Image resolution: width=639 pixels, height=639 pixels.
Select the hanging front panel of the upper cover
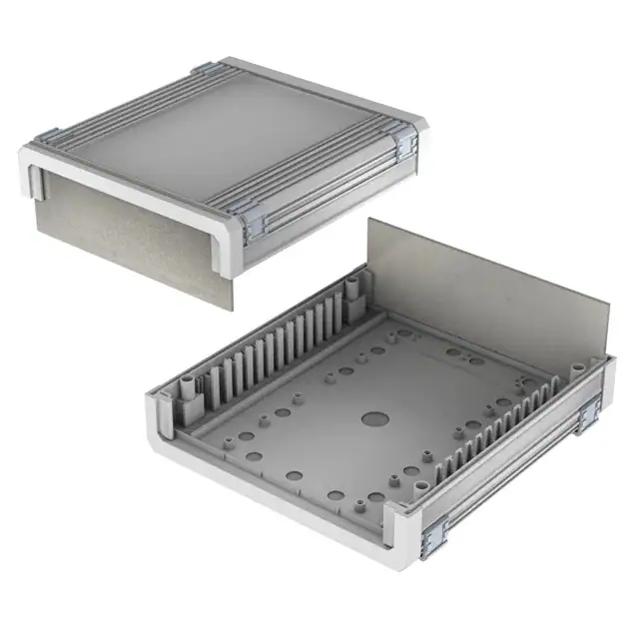click(x=130, y=235)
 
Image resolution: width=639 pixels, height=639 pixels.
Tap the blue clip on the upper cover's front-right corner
click(x=254, y=225)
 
